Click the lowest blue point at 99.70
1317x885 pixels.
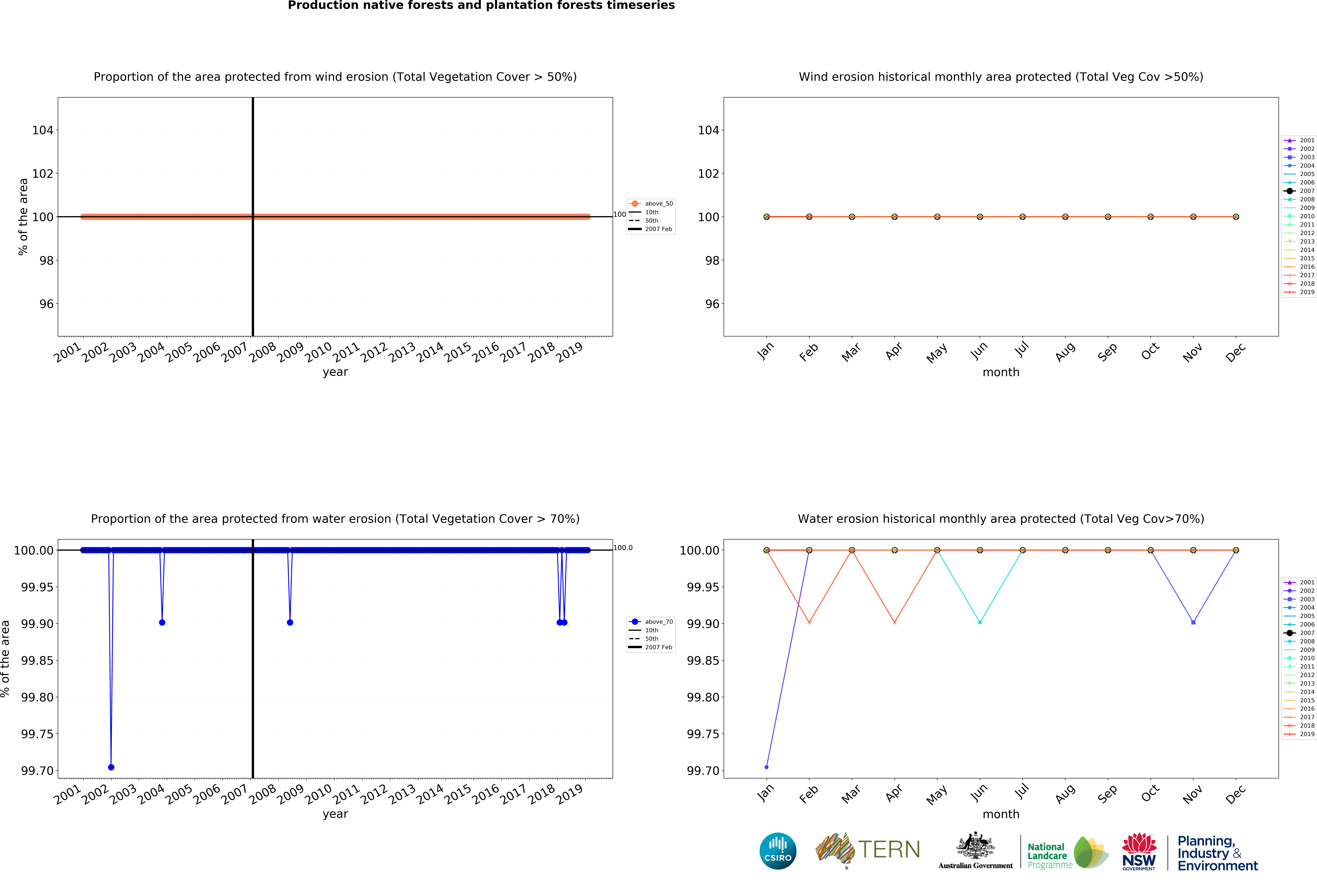pyautogui.click(x=111, y=767)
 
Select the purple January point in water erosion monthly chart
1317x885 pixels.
pyautogui.click(x=766, y=767)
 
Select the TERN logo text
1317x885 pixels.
pyautogui.click(x=889, y=849)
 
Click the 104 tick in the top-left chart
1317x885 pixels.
pyautogui.click(x=43, y=130)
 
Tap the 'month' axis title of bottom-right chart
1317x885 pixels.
pyautogui.click(x=1000, y=814)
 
